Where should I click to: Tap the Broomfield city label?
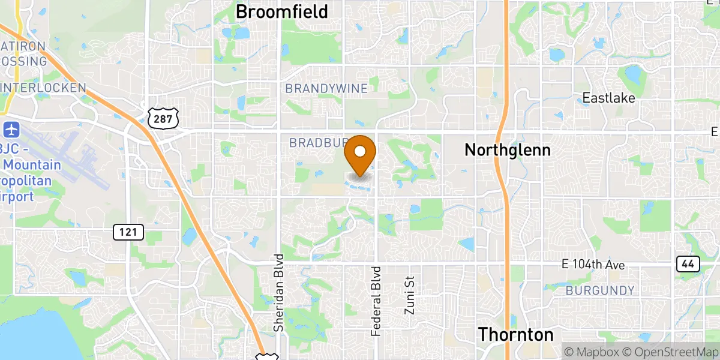(281, 11)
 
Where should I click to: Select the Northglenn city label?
(508, 150)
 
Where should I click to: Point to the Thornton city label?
(516, 334)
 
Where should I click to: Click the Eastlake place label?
(609, 98)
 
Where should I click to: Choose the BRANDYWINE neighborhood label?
(326, 89)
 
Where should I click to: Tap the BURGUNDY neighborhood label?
(600, 291)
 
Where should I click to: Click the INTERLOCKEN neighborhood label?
(43, 88)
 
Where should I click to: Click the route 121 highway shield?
(128, 232)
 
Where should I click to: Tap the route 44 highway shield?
(688, 264)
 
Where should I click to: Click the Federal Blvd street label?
(376, 301)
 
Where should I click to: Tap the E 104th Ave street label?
(593, 265)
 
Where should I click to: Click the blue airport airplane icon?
(11, 128)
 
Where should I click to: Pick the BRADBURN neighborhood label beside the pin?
(318, 143)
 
